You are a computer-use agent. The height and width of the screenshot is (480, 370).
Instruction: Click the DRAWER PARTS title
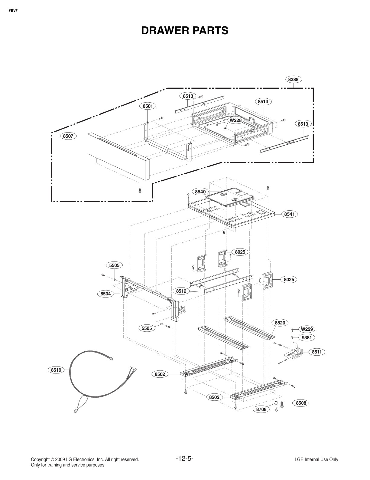tap(185, 30)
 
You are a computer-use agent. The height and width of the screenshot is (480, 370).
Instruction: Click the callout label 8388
tap(293, 79)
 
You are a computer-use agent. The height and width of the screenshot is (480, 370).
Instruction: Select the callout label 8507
tap(68, 136)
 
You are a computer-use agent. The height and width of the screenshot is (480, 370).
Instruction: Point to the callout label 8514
tap(263, 102)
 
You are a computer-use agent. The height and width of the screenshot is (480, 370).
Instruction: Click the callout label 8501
tap(148, 106)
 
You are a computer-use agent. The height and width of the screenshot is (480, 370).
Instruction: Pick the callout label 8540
tap(200, 192)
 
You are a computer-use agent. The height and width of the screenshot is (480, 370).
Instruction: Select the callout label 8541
tap(290, 214)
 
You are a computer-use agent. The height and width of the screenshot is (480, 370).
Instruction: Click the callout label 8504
tap(105, 294)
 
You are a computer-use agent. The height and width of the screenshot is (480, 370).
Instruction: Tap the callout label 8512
tap(181, 291)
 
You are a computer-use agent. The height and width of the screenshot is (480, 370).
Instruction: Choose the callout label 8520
tap(280, 323)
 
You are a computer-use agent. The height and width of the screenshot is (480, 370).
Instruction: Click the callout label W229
tap(307, 329)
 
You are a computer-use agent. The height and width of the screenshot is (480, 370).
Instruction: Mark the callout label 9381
tap(307, 337)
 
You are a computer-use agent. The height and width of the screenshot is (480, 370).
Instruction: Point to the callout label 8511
tap(316, 352)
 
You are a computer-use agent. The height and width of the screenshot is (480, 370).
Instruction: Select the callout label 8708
tap(261, 409)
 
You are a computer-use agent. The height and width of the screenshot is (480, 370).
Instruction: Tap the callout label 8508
tap(301, 403)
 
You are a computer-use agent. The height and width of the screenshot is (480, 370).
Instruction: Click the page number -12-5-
tap(184, 459)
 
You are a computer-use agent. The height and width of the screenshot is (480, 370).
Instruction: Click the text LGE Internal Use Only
tap(316, 459)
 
